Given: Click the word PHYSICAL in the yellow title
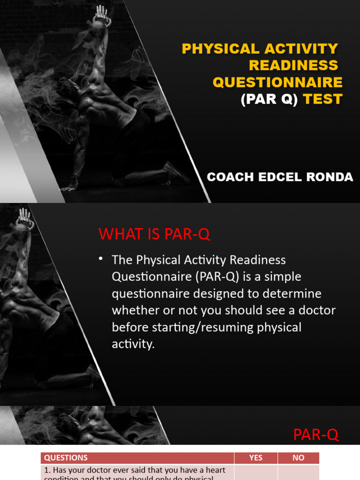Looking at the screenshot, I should click(x=214, y=49).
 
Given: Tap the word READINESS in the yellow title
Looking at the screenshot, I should click(x=293, y=65).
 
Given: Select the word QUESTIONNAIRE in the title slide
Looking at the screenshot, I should click(x=277, y=82).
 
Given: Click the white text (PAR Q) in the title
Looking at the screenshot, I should click(x=269, y=99).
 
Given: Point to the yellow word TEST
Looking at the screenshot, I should click(x=322, y=99).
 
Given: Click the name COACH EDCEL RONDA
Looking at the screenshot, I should click(x=280, y=177).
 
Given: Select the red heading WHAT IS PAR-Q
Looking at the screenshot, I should click(x=155, y=234).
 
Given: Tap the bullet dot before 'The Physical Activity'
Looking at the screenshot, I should click(x=101, y=259).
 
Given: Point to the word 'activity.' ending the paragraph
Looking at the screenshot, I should click(x=133, y=344).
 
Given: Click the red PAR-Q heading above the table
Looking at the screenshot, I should click(x=315, y=435).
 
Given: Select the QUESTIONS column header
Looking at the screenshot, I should click(x=66, y=458).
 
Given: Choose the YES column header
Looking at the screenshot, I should click(x=256, y=458).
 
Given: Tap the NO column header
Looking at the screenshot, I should click(x=299, y=458).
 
